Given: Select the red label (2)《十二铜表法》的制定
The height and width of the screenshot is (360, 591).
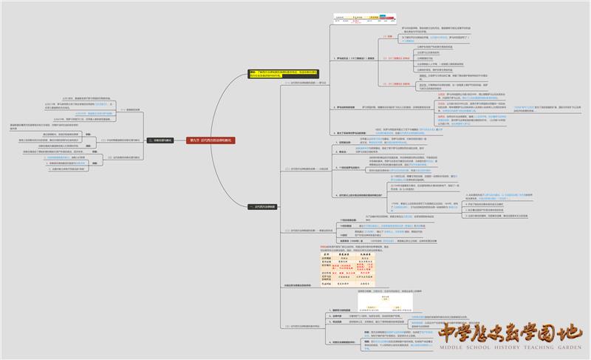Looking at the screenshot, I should (392, 58).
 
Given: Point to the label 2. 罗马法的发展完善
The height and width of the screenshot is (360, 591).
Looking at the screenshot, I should (346, 107).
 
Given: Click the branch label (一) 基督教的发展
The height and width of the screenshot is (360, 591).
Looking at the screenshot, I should (125, 110).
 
